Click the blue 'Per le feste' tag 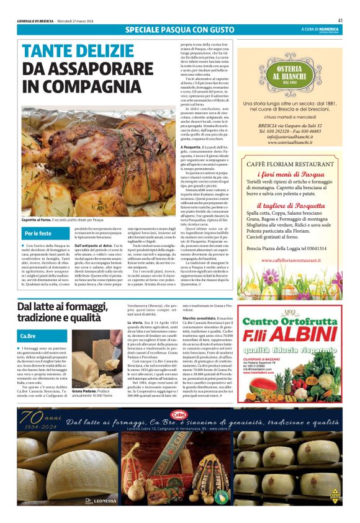(x=38, y=234)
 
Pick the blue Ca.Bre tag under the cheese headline (x=29, y=336)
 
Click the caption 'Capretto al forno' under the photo (x=38, y=220)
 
